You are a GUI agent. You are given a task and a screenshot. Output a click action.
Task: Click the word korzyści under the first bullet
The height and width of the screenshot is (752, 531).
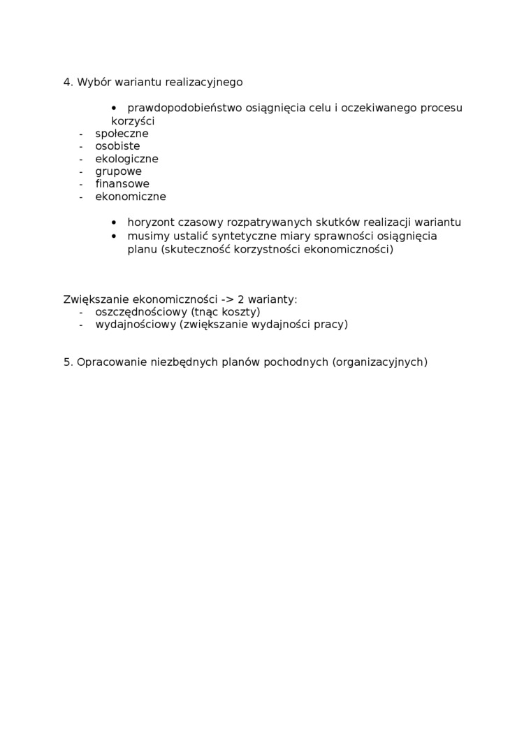click(x=133, y=121)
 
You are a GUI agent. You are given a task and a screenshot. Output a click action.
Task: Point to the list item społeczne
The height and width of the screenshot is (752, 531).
click(x=122, y=134)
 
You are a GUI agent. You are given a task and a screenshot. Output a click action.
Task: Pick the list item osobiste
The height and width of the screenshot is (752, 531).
click(x=117, y=146)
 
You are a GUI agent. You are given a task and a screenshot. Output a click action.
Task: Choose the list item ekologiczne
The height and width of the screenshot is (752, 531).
click(x=126, y=159)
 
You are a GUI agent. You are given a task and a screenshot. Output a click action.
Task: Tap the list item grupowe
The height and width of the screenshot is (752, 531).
click(x=118, y=171)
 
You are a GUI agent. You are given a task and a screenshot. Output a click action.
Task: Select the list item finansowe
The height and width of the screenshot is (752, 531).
click(x=122, y=184)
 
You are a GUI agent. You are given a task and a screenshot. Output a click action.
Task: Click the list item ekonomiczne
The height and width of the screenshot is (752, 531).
click(x=131, y=197)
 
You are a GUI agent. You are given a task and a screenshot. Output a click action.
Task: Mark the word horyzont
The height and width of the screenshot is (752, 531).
click(x=150, y=222)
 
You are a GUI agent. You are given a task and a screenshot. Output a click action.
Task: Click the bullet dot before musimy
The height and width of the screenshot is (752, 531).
click(x=114, y=236)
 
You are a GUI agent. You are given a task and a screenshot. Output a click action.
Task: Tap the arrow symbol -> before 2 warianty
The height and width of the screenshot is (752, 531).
click(x=228, y=299)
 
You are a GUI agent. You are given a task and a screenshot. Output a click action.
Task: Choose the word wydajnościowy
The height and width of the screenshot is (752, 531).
click(x=136, y=325)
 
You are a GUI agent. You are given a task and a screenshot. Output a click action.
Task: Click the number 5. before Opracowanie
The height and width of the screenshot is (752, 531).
click(x=68, y=362)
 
